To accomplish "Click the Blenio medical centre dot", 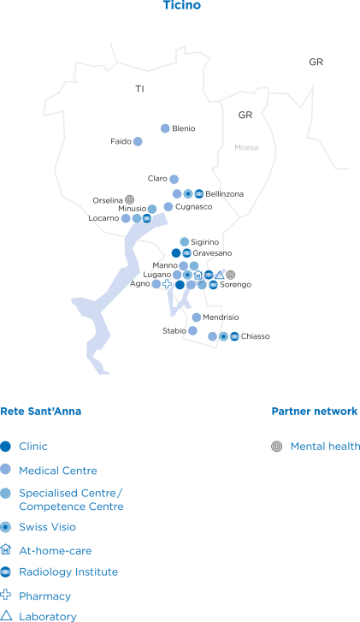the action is (x=165, y=128).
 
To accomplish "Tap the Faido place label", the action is (x=121, y=141).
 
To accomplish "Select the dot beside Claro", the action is (x=174, y=179).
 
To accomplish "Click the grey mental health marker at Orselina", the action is (x=129, y=199).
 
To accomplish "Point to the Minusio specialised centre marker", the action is (x=152, y=209).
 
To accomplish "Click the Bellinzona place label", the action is (x=224, y=194).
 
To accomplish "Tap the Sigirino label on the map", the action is (x=204, y=242).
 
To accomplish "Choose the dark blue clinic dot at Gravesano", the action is (x=176, y=253).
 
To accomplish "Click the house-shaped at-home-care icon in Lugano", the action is (x=198, y=275).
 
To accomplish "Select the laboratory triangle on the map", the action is (x=219, y=275).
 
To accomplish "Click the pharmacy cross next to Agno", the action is (x=168, y=284).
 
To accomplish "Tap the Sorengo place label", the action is (x=235, y=284).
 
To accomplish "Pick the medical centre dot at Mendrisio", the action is (x=197, y=317).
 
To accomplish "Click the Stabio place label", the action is (x=174, y=330).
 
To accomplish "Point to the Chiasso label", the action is (x=256, y=336).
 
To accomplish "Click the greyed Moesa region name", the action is (x=246, y=147).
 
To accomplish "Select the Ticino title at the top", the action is (x=182, y=5).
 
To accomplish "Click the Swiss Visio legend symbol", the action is (x=5, y=527).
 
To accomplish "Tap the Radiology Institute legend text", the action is (x=68, y=572).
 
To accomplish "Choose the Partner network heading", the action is (x=315, y=411).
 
